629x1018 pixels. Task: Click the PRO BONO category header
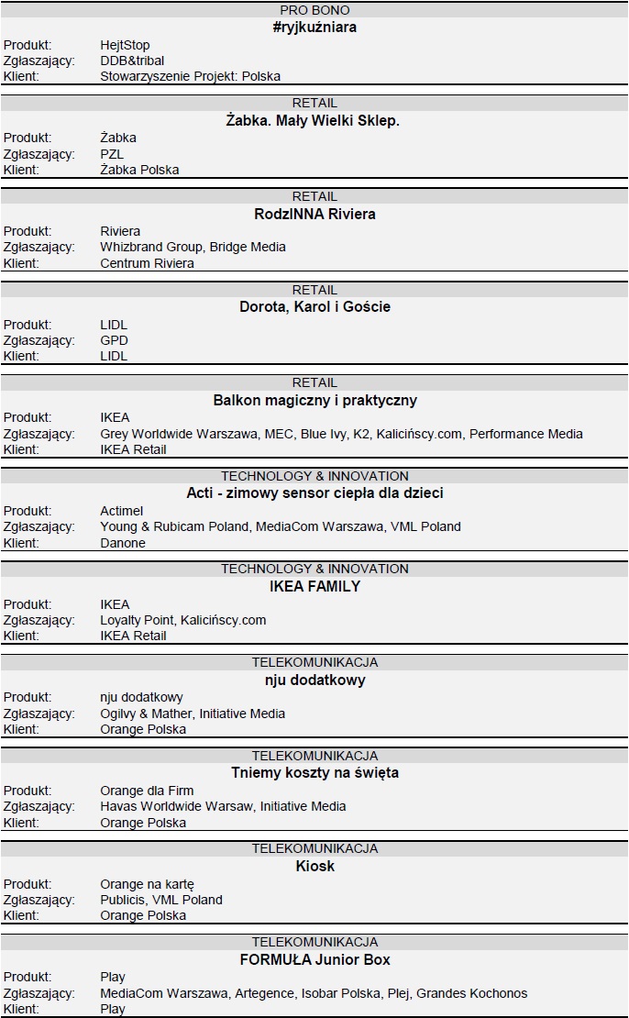pyautogui.click(x=314, y=10)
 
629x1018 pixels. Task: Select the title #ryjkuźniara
pyautogui.click(x=314, y=28)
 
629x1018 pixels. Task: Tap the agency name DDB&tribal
pyautogui.click(x=132, y=61)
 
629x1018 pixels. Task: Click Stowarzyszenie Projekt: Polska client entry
pyautogui.click(x=190, y=76)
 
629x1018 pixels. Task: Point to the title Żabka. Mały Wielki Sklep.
pyautogui.click(x=314, y=121)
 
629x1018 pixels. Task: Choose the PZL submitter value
pyautogui.click(x=112, y=154)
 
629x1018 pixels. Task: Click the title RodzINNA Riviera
pyautogui.click(x=314, y=215)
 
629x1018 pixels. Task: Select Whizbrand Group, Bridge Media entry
pyautogui.click(x=193, y=247)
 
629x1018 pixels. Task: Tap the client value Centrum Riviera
pyautogui.click(x=147, y=263)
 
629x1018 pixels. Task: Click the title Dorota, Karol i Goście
pyautogui.click(x=314, y=307)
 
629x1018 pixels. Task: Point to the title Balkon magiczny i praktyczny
pyautogui.click(x=314, y=401)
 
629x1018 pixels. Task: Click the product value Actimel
pyautogui.click(x=122, y=511)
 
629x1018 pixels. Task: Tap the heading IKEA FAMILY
pyautogui.click(x=314, y=587)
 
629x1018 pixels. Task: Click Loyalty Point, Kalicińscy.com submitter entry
pyautogui.click(x=182, y=620)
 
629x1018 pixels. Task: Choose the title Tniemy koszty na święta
pyautogui.click(x=314, y=773)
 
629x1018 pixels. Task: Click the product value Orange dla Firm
pyautogui.click(x=147, y=791)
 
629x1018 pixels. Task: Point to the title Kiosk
pyautogui.click(x=314, y=867)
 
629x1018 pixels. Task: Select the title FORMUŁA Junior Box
pyautogui.click(x=314, y=960)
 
